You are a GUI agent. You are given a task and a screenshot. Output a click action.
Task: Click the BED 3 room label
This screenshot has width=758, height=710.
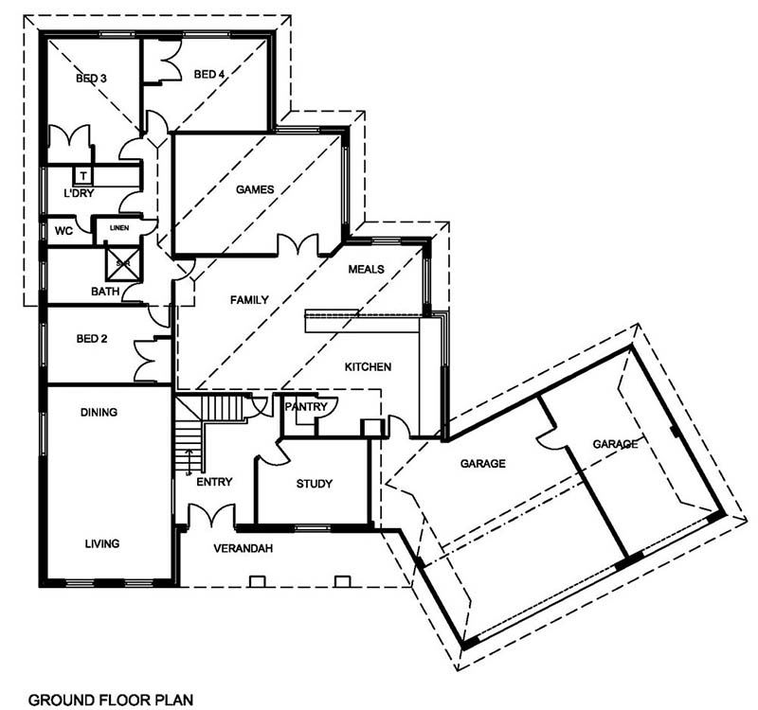[x=91, y=79]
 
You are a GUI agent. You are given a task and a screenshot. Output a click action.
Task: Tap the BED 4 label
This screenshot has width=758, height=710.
[x=209, y=75]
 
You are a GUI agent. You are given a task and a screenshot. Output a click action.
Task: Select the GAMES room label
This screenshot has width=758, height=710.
[x=255, y=189]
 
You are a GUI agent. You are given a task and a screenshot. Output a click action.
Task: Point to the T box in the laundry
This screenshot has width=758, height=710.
[x=83, y=175]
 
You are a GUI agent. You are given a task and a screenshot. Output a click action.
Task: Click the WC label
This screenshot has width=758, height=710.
[x=63, y=231]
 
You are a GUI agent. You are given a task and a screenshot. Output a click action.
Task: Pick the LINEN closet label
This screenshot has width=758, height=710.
[x=119, y=228]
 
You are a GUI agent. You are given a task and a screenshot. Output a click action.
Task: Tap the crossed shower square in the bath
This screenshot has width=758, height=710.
[x=123, y=264]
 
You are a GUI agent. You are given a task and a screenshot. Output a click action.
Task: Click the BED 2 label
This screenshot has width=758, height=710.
[x=92, y=339]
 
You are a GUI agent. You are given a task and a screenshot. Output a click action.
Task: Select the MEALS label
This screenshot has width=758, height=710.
[x=367, y=269]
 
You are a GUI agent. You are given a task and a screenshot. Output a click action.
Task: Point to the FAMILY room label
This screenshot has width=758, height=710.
[x=249, y=300]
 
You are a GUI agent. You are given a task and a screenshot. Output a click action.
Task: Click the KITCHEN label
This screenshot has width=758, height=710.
[x=368, y=367]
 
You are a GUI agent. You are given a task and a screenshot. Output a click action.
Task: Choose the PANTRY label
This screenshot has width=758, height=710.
[x=306, y=407]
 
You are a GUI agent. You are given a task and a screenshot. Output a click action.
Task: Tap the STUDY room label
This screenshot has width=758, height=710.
[x=315, y=484]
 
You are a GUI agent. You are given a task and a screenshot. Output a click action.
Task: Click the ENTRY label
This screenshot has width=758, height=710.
[x=214, y=482]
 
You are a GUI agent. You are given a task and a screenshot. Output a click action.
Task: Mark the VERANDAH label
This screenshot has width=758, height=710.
[x=244, y=548]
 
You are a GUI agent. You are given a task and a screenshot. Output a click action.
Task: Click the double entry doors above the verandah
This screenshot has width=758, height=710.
[x=211, y=515]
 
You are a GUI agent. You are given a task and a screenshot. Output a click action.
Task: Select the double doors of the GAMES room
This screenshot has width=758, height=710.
[x=298, y=244]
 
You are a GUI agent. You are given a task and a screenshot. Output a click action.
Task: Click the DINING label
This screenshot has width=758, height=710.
[x=99, y=412]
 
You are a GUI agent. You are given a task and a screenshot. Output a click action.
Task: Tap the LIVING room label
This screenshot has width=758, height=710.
[x=102, y=543]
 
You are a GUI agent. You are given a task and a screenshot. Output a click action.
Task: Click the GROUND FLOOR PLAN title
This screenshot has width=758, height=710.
[x=111, y=700]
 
